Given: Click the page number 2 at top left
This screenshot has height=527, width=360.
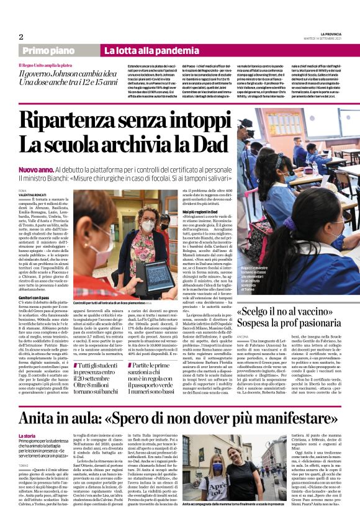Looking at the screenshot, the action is tap(21, 36).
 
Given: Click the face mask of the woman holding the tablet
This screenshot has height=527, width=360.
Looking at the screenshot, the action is tap(148, 227).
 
